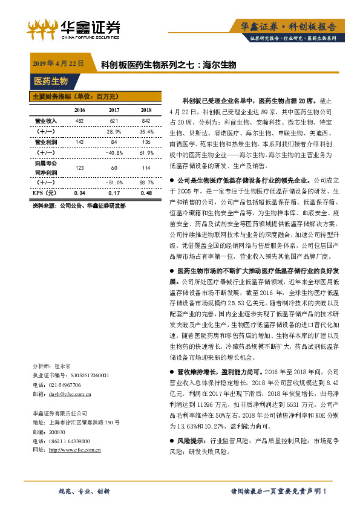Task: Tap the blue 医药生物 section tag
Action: tap(51, 81)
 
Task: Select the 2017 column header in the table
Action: tap(113, 110)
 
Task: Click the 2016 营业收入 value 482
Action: tap(79, 121)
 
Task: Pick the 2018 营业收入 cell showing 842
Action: tap(146, 121)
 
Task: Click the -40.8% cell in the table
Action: tap(113, 153)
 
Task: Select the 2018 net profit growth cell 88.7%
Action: tap(146, 181)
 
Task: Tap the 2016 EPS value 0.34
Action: tap(79, 192)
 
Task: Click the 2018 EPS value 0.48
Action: tap(146, 192)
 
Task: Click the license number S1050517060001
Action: tap(83, 375)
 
